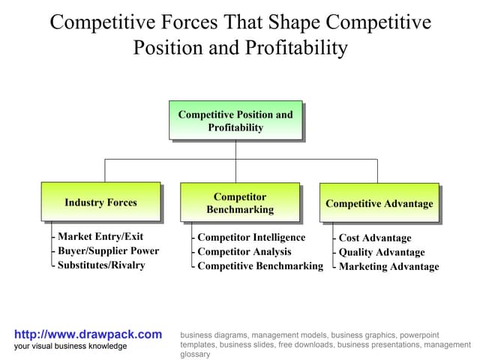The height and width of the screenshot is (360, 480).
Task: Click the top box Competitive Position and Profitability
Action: [235, 121]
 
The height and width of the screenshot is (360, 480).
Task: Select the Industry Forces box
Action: [100, 202]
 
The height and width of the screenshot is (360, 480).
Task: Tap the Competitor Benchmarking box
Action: [240, 202]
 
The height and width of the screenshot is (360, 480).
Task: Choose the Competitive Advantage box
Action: [379, 203]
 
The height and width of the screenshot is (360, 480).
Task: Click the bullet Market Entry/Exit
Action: [100, 236]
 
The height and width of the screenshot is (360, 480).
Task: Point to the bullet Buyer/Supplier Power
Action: [108, 250]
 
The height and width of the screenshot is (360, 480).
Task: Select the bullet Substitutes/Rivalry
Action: [101, 265]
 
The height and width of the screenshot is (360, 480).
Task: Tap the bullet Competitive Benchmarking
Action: [259, 265]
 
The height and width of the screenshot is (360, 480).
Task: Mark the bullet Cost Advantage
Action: [375, 238]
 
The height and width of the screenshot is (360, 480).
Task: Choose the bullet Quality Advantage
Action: [382, 252]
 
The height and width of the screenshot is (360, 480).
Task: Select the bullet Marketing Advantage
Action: [388, 266]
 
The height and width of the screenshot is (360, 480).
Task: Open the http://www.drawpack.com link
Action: [88, 334]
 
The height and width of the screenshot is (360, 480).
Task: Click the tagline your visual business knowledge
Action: [70, 346]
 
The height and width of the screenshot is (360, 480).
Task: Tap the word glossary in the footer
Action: [195, 354]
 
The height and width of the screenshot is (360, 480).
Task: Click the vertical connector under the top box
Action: [235, 150]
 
